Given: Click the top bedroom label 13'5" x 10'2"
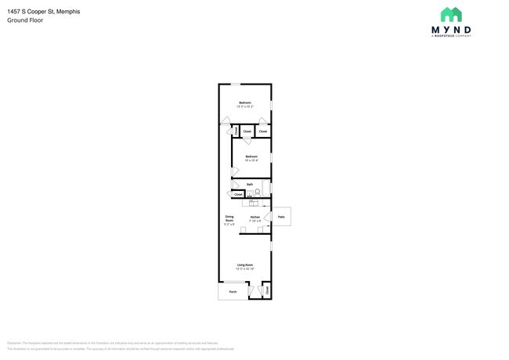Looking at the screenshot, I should [x=245, y=105].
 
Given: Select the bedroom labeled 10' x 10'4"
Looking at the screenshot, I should [x=251, y=158].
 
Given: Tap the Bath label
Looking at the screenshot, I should [x=250, y=185].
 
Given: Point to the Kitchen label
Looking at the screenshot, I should [x=255, y=218].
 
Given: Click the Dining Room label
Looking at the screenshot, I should [x=229, y=220].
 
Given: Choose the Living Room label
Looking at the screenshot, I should [x=245, y=266].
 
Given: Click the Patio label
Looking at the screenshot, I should [x=282, y=217].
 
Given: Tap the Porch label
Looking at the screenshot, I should [x=233, y=292].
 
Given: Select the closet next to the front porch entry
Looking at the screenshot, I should [x=267, y=290].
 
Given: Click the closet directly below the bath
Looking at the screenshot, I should [x=238, y=195].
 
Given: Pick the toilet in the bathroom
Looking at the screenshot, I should [x=257, y=190].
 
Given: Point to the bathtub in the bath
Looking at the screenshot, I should [x=267, y=189].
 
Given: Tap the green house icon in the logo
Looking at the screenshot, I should [x=451, y=15].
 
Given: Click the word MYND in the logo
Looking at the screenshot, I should [x=451, y=30].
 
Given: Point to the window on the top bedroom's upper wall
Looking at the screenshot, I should [x=236, y=84].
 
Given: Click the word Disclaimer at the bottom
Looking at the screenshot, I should [x=14, y=343].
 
